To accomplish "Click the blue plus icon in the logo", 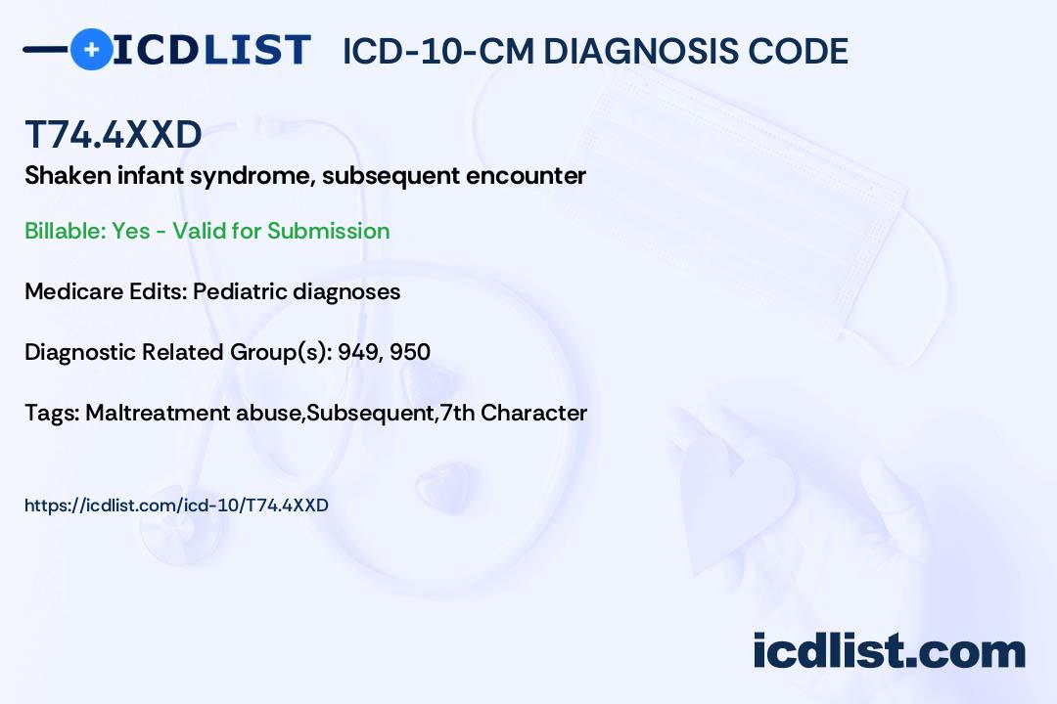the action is [x=91, y=50].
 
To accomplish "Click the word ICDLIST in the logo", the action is [x=211, y=50].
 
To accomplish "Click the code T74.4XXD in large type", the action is [x=114, y=134].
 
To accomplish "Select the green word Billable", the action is [x=66, y=231].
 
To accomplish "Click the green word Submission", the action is [x=328, y=231].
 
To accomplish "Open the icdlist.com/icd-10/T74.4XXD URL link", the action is [x=176, y=506].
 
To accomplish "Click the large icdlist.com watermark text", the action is [x=889, y=651].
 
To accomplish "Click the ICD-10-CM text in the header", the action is [x=438, y=51].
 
